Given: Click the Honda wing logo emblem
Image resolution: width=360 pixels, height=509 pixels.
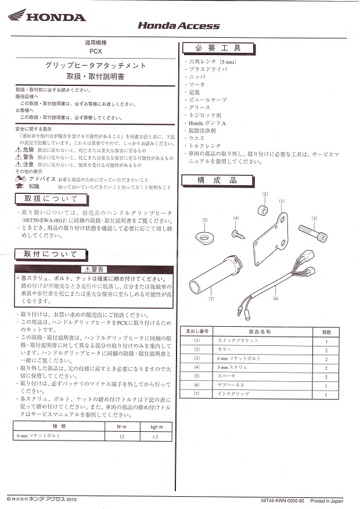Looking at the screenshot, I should click(16, 16).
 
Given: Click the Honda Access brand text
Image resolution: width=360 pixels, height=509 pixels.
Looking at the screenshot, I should click(178, 26).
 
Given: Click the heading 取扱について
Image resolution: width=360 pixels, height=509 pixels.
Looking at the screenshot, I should click(51, 198).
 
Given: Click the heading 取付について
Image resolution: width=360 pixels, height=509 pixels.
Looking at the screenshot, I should click(51, 254).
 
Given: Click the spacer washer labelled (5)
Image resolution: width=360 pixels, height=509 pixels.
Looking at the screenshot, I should click(205, 236).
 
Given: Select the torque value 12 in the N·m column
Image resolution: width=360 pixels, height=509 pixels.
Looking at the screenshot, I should click(122, 435).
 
